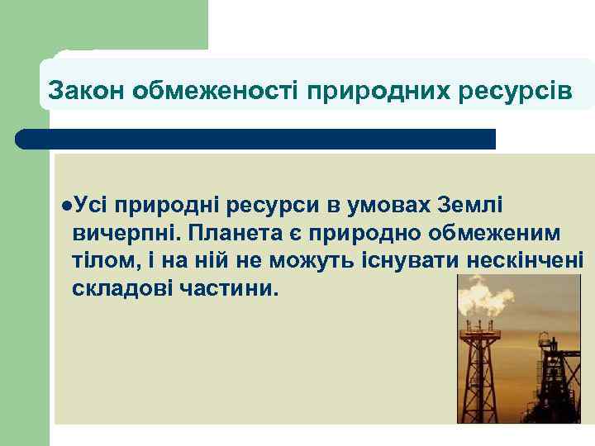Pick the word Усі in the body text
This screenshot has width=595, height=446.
pos(89,204)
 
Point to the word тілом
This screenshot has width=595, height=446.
pos(100,260)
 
